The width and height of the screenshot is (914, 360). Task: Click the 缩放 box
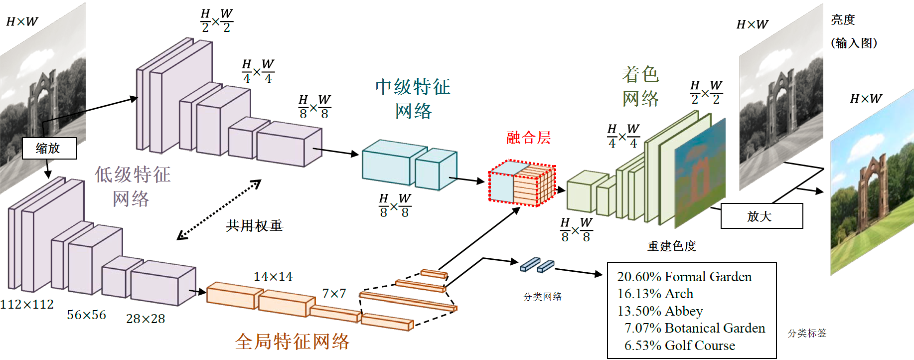pos(49,149)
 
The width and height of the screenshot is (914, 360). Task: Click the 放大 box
pos(762,216)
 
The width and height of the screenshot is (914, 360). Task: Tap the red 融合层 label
pos(528,138)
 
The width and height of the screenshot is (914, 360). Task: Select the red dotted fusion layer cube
pos(522,183)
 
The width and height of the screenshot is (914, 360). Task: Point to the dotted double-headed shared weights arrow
pos(219,209)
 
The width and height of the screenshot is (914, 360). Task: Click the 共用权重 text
pos(254,226)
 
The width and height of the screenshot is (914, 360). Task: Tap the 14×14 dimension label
pos(273,276)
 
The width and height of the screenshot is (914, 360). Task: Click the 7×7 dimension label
pos(334,293)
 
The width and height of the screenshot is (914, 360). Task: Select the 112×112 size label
pos(27,304)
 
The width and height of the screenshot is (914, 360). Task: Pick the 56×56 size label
pos(87,315)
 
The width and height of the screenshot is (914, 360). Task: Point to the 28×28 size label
pos(146,319)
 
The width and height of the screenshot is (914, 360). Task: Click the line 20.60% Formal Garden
pos(684,277)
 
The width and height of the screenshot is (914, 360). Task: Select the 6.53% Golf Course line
pos(680,346)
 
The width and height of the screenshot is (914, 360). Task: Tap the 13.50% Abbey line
pos(660,311)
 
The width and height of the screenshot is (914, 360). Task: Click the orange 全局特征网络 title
pos(293,342)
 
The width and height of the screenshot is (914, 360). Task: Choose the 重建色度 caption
pos(671,246)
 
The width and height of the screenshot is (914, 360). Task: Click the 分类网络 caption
pos(542,297)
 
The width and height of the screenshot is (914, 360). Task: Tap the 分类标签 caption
pos(807,333)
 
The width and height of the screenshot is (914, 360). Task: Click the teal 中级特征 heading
pos(413,87)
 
